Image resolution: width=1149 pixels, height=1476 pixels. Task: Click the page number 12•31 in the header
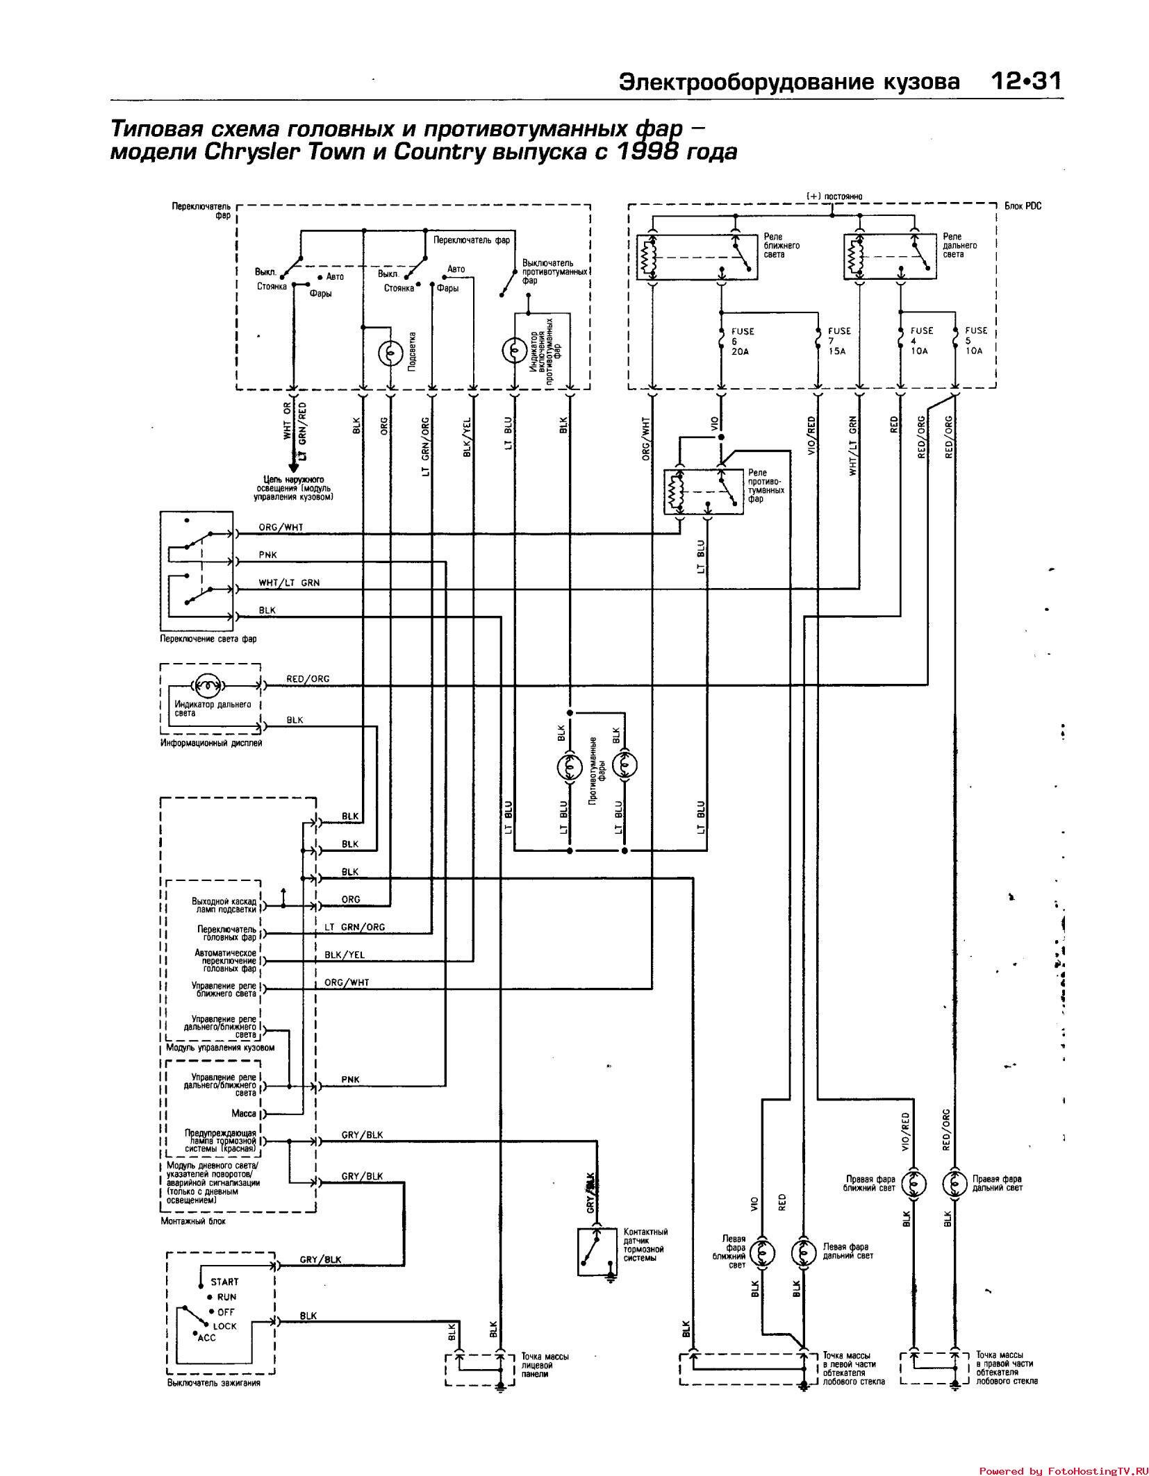pyautogui.click(x=1025, y=82)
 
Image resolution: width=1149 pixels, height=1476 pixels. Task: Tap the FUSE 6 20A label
pyautogui.click(x=741, y=341)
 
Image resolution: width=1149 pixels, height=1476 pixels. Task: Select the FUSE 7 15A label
pyautogui.click(x=838, y=341)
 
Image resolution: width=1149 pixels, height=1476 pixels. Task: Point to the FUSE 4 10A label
pyautogui.click(x=921, y=341)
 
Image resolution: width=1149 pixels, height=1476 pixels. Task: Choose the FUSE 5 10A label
pyautogui.click(x=975, y=341)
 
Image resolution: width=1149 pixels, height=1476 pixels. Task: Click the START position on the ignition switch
pyautogui.click(x=224, y=1282)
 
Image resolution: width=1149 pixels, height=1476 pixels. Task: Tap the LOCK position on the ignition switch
pyautogui.click(x=224, y=1326)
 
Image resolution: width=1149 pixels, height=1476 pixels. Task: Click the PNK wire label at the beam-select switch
pyautogui.click(x=268, y=555)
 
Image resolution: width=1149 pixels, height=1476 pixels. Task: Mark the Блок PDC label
pyautogui.click(x=1023, y=206)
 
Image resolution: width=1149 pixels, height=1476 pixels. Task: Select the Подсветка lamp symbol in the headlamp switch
pyautogui.click(x=390, y=353)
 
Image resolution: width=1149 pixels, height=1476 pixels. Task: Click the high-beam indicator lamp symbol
pyautogui.click(x=208, y=685)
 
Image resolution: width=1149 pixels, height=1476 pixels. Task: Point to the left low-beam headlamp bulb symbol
pyautogui.click(x=762, y=1252)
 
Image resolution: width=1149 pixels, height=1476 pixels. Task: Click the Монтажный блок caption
pyautogui.click(x=193, y=1221)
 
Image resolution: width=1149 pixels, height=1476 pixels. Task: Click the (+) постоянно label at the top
pyautogui.click(x=834, y=196)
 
